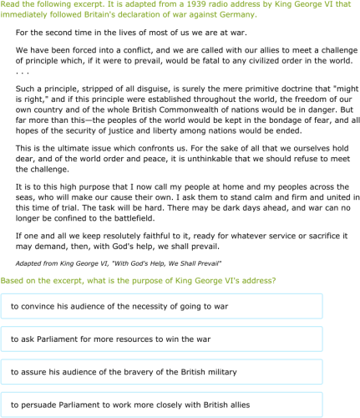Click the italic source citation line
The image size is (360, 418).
click(119, 263)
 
